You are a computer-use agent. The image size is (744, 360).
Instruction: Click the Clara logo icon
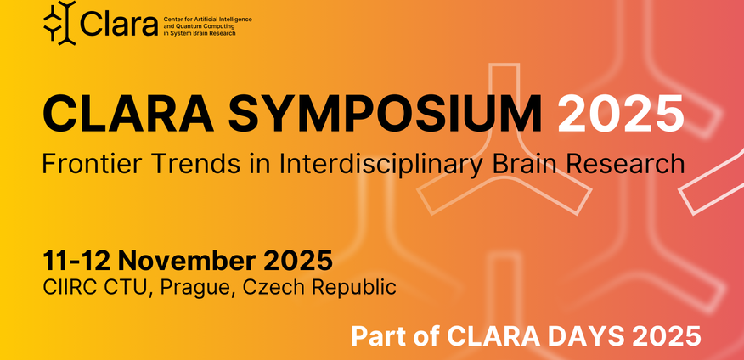(x=60, y=23)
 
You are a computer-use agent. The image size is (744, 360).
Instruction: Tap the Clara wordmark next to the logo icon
(x=119, y=23)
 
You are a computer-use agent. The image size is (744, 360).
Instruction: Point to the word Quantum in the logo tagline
(x=188, y=26)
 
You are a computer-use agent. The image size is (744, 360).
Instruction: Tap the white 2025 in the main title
(x=621, y=113)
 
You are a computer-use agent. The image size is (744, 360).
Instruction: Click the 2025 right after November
(x=297, y=261)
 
